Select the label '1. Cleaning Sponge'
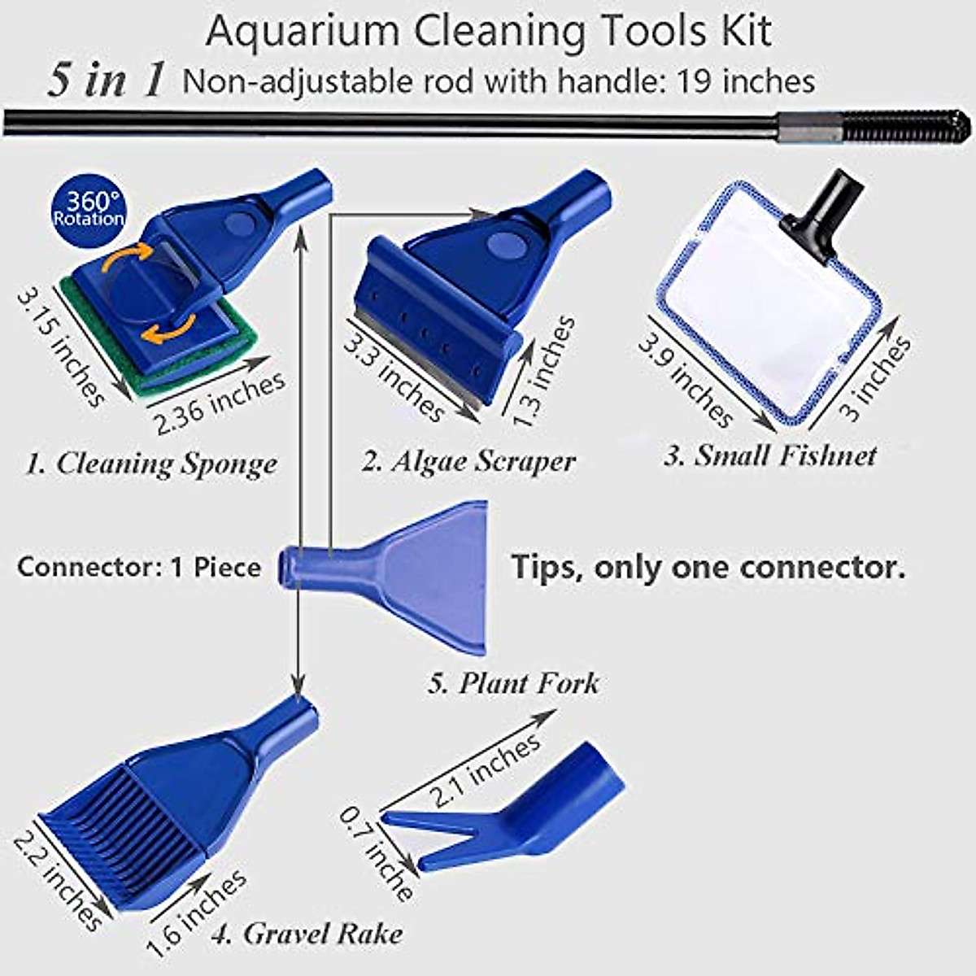151,464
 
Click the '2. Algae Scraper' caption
468,461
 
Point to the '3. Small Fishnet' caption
769,455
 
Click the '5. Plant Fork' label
513,682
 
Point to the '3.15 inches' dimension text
61,346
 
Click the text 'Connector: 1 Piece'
139,567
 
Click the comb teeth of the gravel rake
122,838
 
